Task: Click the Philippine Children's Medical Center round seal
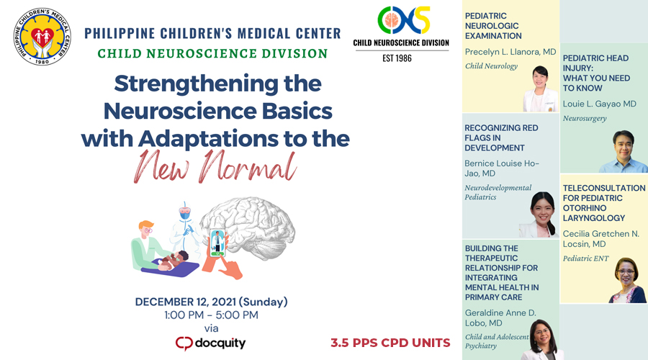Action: point(42,36)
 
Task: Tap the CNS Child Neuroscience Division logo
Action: point(400,22)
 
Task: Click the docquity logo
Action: point(210,343)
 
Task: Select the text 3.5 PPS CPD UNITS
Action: point(390,343)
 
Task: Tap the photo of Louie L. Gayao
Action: point(622,152)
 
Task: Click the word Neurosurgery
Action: point(584,118)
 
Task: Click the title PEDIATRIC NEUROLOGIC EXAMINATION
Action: point(493,25)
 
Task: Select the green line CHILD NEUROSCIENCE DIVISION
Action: point(212,53)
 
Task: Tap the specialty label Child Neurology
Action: point(491,66)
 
